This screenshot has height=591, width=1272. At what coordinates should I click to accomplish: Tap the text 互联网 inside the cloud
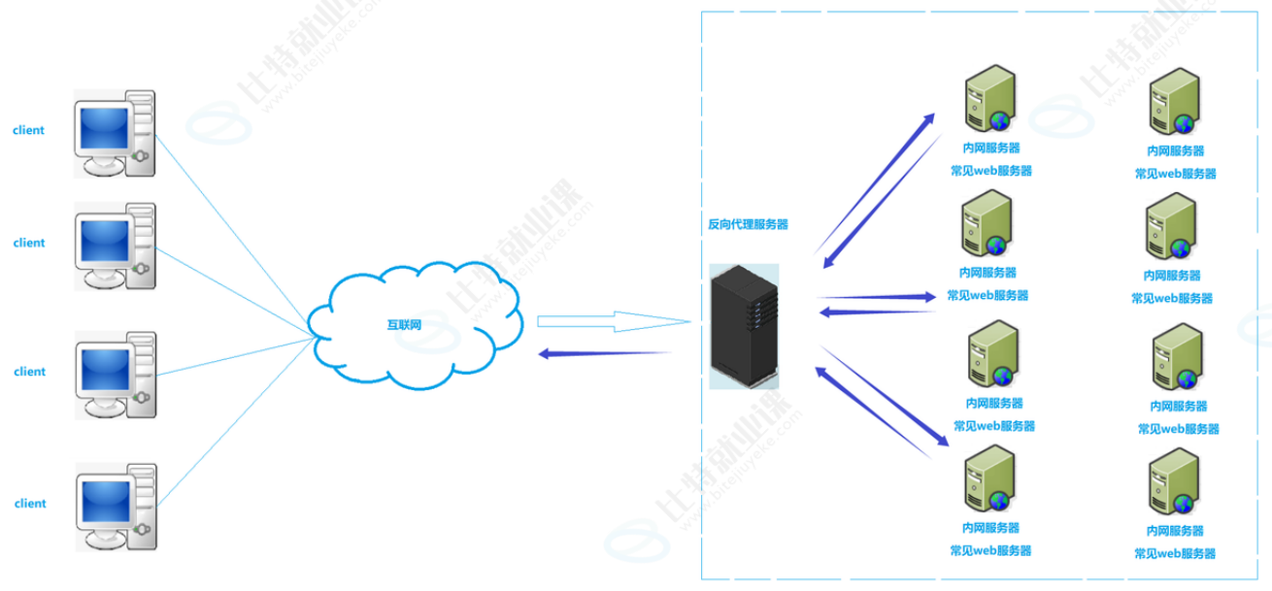[x=404, y=324]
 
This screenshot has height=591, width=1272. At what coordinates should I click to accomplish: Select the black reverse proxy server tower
[x=745, y=327]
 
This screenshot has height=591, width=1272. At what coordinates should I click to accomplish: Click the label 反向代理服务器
[x=748, y=224]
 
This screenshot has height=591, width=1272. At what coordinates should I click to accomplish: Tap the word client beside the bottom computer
[x=30, y=504]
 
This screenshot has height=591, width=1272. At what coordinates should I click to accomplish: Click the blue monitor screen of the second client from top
[x=103, y=240]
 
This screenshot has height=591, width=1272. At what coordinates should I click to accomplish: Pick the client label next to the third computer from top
[x=29, y=372]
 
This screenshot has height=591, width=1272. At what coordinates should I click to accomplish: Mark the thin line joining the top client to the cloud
[x=233, y=233]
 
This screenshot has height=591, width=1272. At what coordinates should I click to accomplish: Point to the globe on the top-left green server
[x=999, y=120]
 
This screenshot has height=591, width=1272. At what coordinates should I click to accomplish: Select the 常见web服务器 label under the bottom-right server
[x=1175, y=553]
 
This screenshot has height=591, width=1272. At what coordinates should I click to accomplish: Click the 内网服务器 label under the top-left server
[x=990, y=148]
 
